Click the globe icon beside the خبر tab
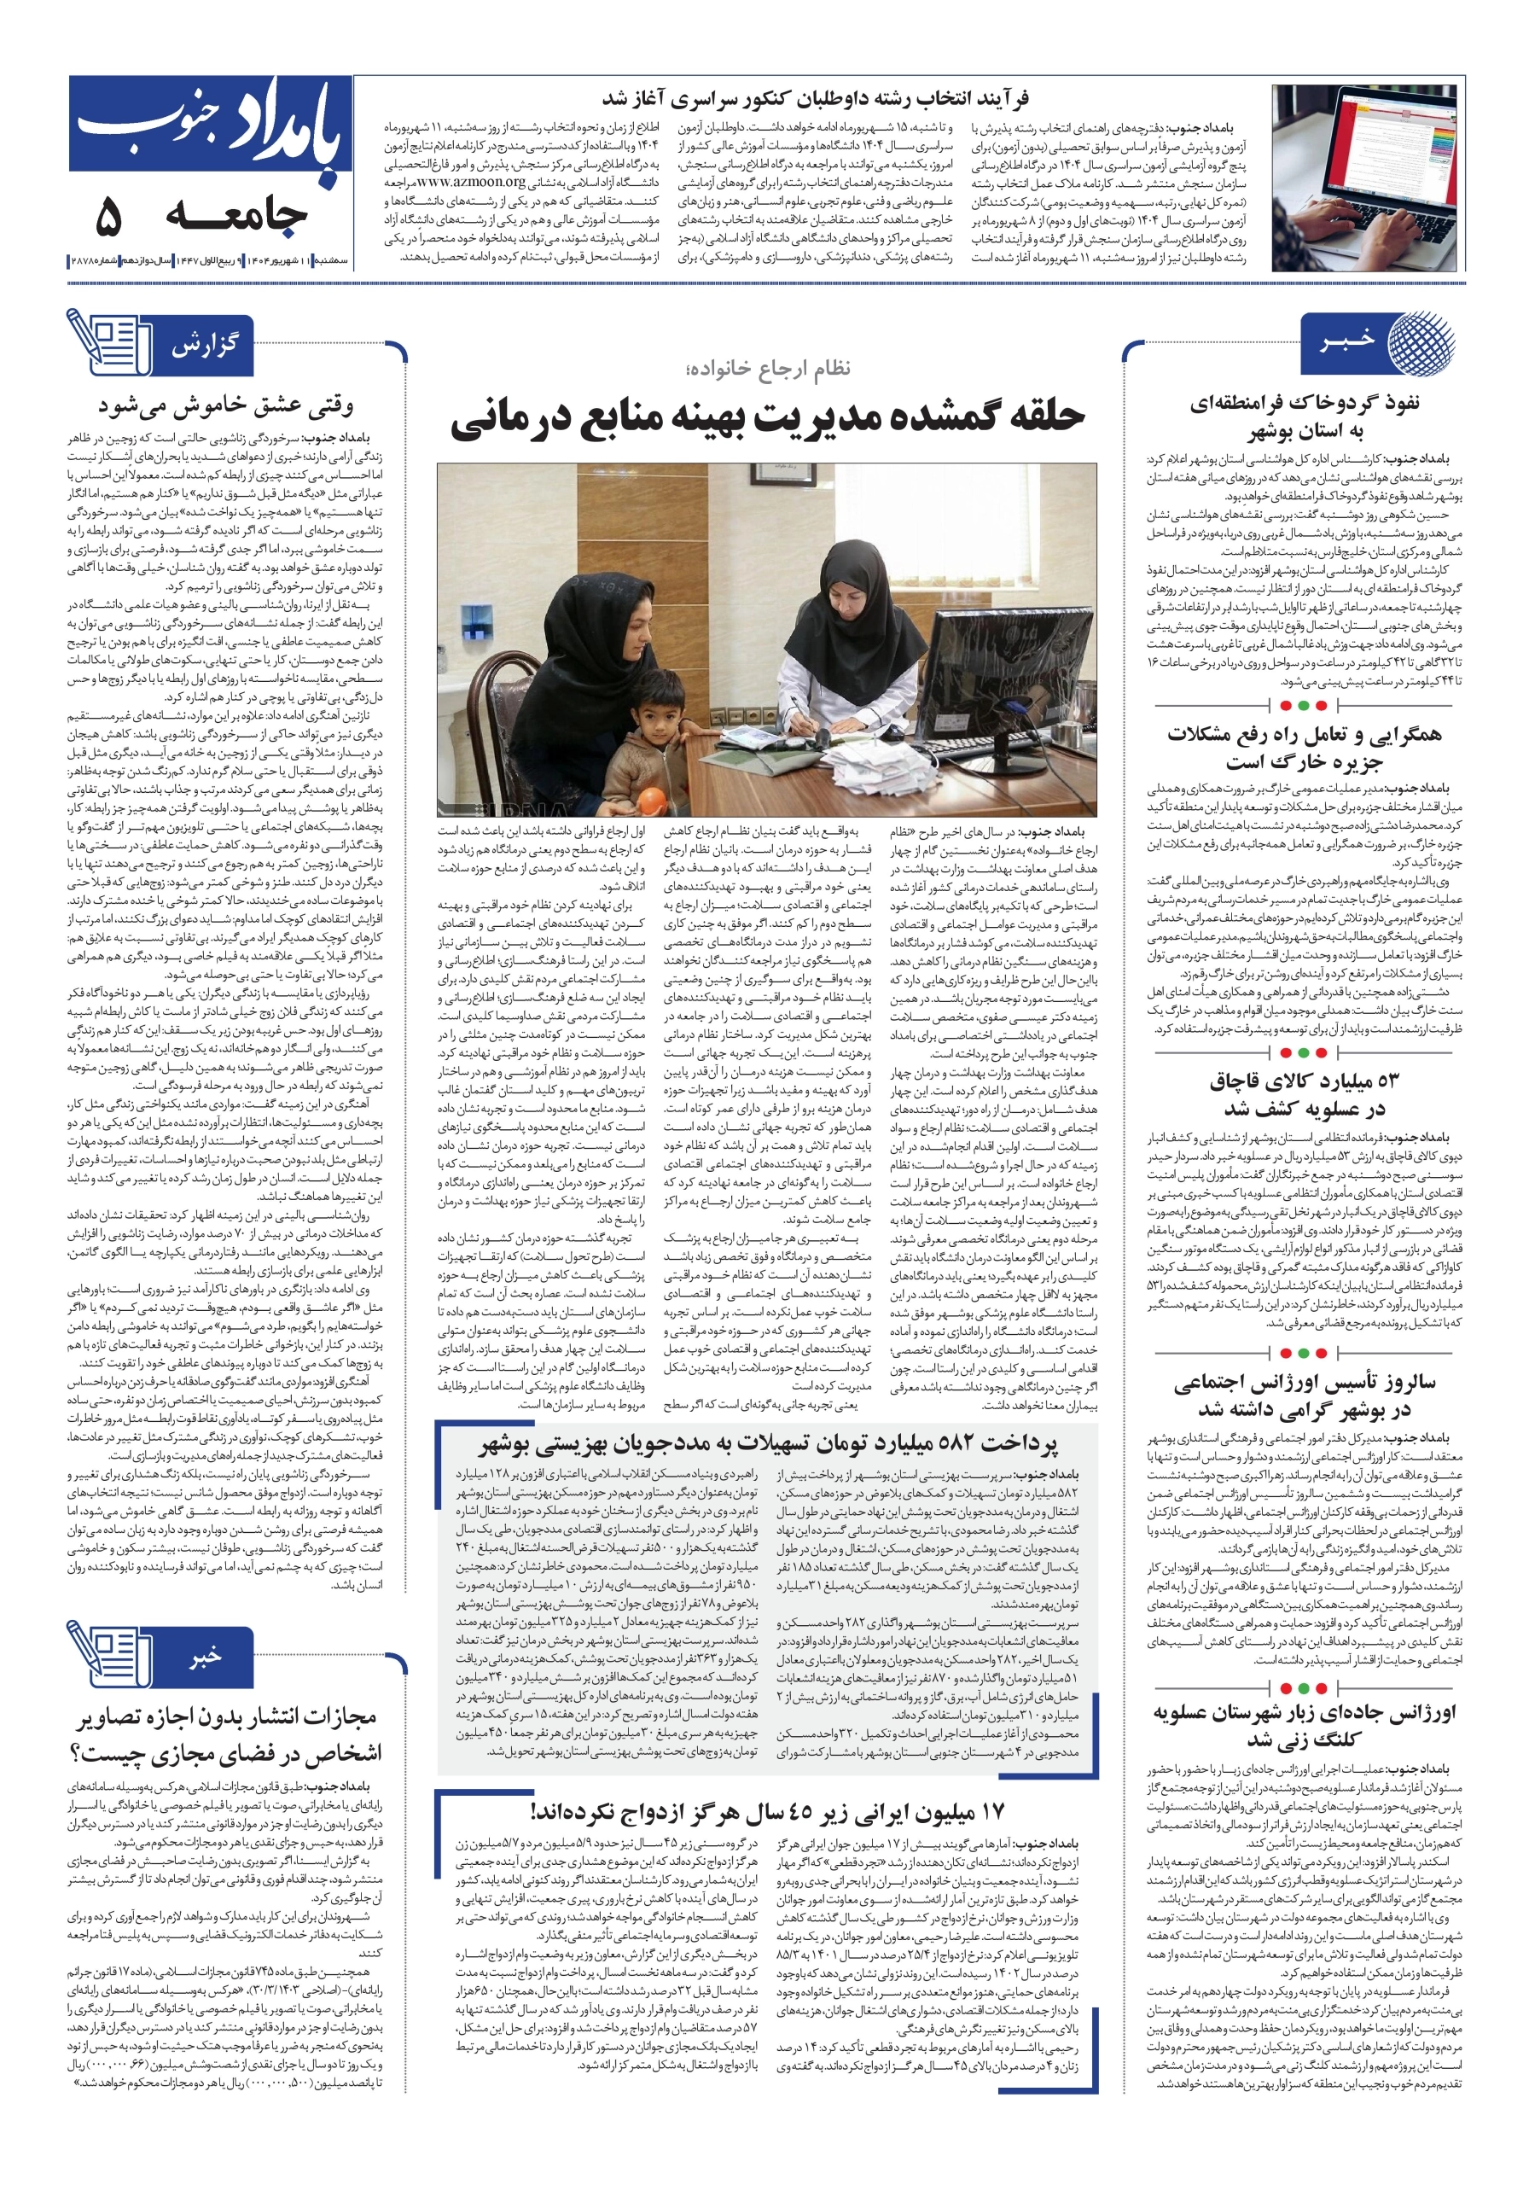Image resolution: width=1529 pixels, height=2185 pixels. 1419,341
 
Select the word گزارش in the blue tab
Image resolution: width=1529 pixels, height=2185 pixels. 205,345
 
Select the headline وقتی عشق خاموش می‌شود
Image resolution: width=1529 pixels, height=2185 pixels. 225,406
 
